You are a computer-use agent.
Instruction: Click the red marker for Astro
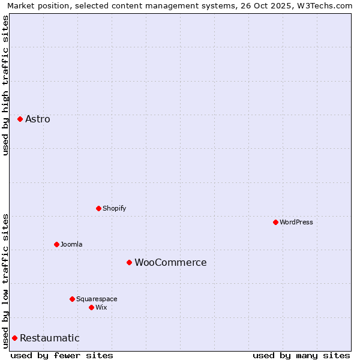click(20, 119)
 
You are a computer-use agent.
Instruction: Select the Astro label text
click(38, 119)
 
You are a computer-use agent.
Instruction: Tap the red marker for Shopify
click(98, 208)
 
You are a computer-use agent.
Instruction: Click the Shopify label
click(114, 208)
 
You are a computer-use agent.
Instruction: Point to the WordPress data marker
click(275, 222)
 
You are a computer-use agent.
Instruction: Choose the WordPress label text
click(296, 222)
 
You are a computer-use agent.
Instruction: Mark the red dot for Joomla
click(56, 244)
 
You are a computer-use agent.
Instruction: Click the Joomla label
click(71, 244)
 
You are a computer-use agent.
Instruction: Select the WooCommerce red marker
click(129, 262)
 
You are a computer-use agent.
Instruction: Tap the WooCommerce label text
click(170, 262)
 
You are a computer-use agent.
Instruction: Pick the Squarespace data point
click(72, 299)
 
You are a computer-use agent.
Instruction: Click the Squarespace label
click(97, 299)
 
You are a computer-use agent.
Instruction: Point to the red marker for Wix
click(91, 307)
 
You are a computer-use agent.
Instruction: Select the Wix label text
click(101, 307)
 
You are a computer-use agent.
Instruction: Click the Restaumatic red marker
click(14, 338)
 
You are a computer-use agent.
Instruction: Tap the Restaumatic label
click(49, 338)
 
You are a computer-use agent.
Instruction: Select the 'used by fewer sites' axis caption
click(62, 355)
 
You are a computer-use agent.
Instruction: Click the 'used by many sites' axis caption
click(301, 355)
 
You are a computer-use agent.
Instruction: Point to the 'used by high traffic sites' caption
click(5, 85)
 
